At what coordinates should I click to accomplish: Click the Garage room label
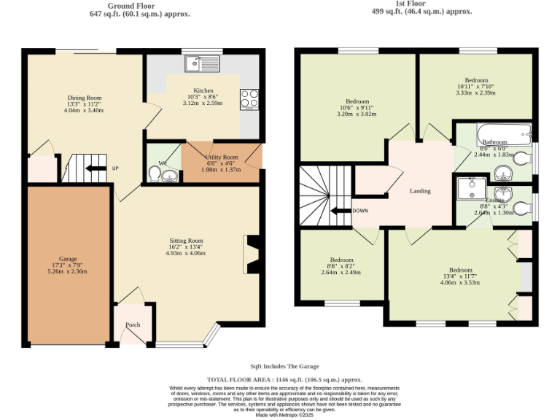click(x=68, y=259)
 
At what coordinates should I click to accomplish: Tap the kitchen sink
click(x=195, y=64)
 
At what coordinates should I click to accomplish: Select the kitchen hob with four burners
click(x=249, y=98)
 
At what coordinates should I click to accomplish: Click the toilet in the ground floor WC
click(x=155, y=174)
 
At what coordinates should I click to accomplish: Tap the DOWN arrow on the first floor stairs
click(x=339, y=211)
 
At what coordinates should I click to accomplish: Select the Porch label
click(x=133, y=325)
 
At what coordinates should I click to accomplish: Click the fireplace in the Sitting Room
click(x=251, y=254)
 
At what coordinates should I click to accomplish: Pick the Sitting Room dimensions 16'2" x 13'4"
click(x=186, y=247)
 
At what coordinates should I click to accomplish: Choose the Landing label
click(x=420, y=191)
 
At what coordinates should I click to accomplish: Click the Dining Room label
click(x=85, y=98)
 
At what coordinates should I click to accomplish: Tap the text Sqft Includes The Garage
click(x=284, y=366)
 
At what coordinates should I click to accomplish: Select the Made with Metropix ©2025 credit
click(x=284, y=414)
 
